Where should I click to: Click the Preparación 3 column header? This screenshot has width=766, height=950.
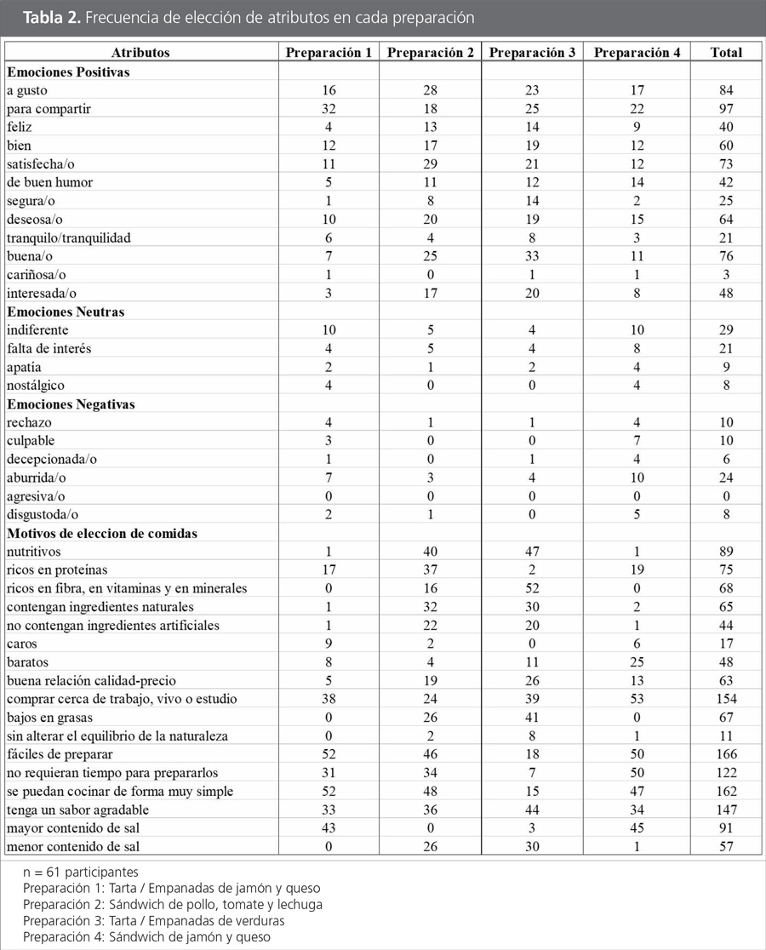pos(533,53)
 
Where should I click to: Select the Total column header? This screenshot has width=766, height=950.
pos(726,53)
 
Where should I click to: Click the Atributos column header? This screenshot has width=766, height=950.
pos(140,53)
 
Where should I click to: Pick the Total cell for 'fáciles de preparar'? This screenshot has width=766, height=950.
pos(726,754)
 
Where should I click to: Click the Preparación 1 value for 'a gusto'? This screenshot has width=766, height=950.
pos(329,89)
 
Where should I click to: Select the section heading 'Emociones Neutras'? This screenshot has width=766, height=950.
pos(66,312)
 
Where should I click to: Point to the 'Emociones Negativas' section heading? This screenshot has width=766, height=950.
pos(71,404)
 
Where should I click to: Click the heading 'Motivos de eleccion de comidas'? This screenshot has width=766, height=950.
pos(102,534)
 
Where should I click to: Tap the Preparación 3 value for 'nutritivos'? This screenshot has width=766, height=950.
pos(533,552)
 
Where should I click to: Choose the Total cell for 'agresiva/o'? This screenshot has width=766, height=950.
pos(726,496)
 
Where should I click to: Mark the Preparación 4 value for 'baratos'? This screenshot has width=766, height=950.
pos(637,662)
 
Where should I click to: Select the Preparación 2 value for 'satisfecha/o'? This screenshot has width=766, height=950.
pos(431,163)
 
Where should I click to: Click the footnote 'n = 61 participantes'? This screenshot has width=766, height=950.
pos(81,873)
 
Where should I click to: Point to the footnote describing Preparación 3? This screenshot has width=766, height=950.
pos(165,921)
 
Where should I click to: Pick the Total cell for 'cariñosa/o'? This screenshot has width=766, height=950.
pos(726,275)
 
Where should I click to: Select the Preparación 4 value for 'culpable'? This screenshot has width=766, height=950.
pos(637,441)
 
